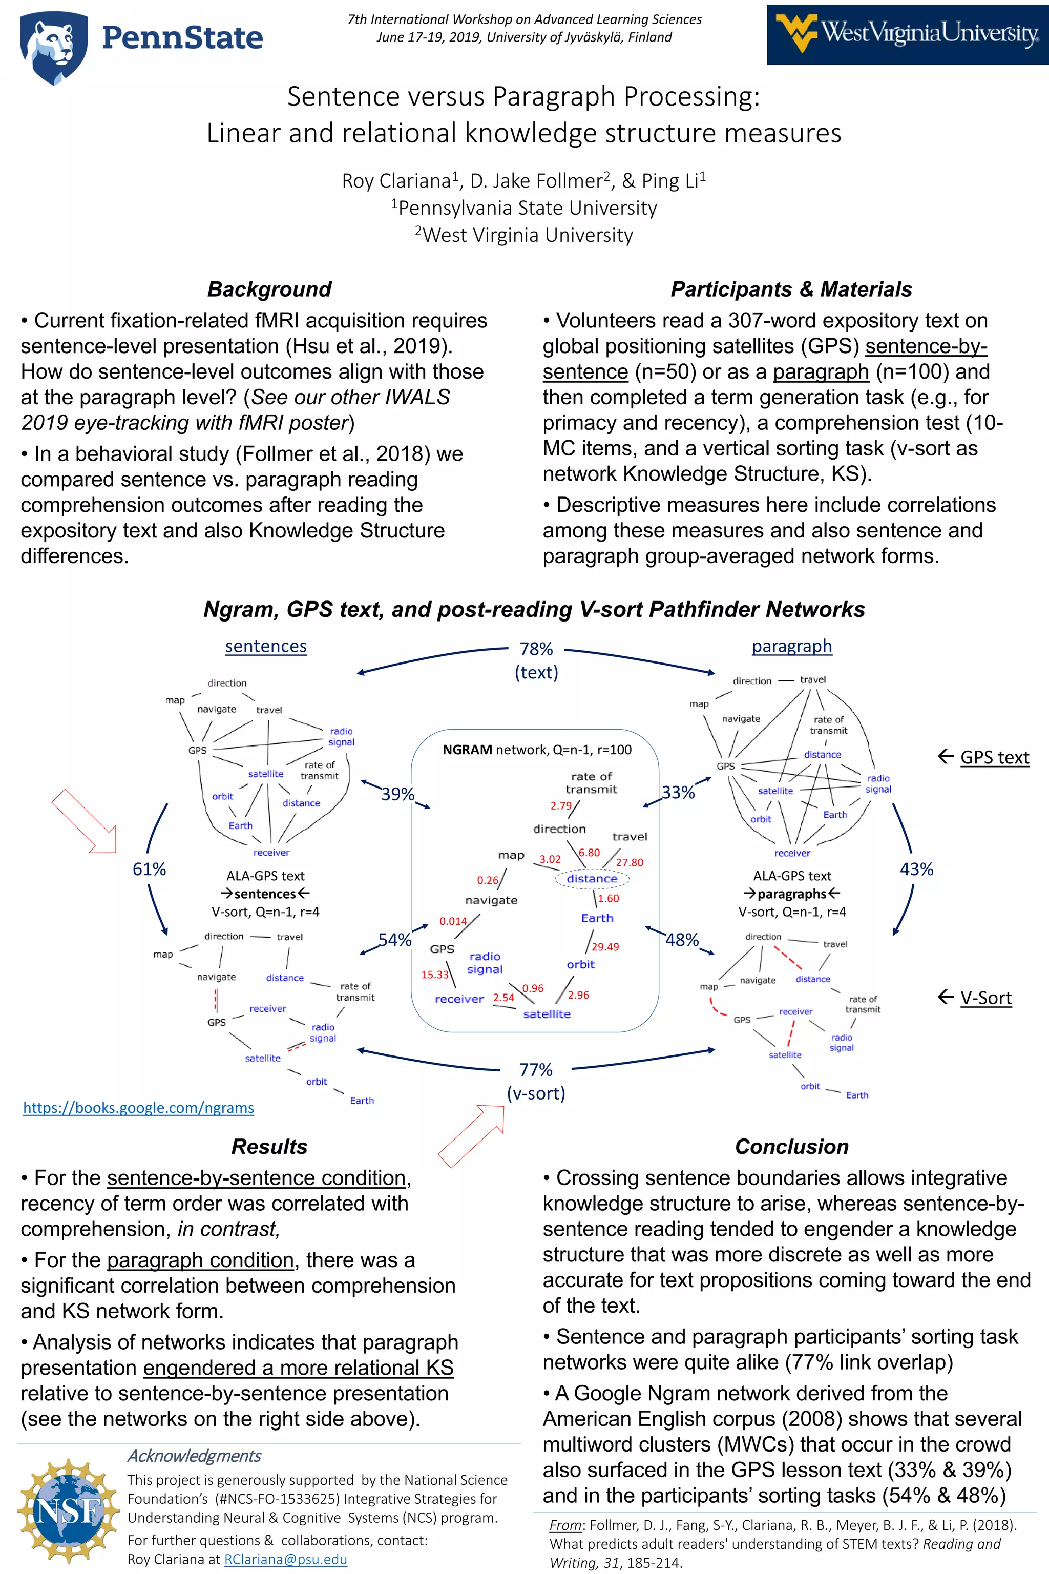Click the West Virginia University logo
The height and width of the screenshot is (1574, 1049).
click(x=907, y=34)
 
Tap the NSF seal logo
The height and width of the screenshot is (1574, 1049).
click(x=68, y=1510)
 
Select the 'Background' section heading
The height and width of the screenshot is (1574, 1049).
click(x=269, y=289)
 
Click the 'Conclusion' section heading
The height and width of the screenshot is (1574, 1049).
click(x=791, y=1146)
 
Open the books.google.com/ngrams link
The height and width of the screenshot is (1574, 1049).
click(x=138, y=1108)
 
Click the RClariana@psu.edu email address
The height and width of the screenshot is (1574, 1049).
click(x=286, y=1559)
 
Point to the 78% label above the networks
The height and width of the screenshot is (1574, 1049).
click(x=536, y=649)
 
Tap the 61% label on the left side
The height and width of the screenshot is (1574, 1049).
click(x=149, y=868)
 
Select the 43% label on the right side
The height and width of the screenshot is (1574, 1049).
click(x=916, y=868)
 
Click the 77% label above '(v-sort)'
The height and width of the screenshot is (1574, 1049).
click(x=536, y=1069)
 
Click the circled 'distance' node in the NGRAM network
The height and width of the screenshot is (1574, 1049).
click(x=592, y=878)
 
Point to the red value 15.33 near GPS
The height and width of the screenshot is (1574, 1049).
click(x=435, y=975)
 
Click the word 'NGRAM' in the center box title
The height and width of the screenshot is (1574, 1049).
click(x=467, y=750)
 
